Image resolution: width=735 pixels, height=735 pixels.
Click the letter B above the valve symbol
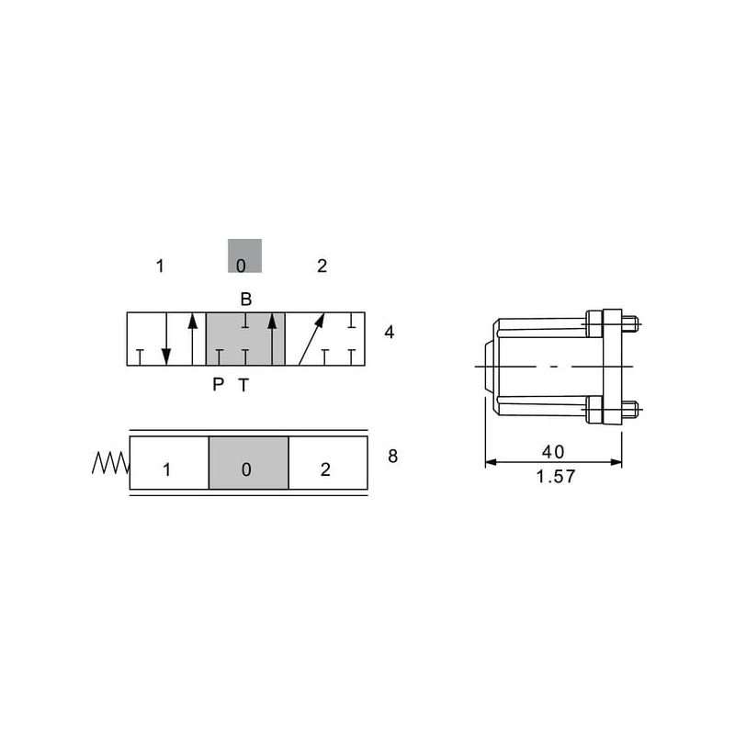[x=246, y=300]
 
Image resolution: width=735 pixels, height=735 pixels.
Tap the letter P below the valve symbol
[x=218, y=385]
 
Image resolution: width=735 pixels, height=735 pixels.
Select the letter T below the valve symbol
[x=243, y=385]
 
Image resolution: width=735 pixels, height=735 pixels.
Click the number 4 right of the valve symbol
[x=389, y=333]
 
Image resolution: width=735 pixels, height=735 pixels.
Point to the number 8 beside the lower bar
[x=393, y=456]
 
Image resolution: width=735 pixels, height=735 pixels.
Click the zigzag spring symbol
[x=110, y=463]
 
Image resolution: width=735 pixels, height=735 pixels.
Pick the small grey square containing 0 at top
[x=244, y=256]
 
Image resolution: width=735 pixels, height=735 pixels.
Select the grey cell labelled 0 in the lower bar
[x=248, y=463]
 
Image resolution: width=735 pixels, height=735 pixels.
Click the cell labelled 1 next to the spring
[x=169, y=463]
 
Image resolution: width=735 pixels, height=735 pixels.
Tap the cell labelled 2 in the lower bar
[x=328, y=463]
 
